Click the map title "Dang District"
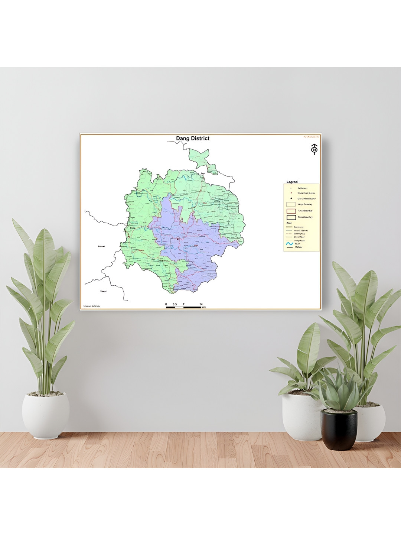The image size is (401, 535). [x=193, y=139]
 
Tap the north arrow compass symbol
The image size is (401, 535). [x=314, y=149]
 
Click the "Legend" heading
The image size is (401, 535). [x=292, y=182]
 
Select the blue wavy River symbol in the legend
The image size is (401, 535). [x=290, y=244]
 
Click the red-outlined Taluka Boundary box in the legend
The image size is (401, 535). [x=291, y=211]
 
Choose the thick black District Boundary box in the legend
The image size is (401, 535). [x=291, y=217]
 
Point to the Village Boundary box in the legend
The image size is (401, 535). [x=291, y=204]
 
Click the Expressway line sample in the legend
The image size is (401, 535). [x=289, y=227]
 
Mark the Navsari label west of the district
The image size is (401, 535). [x=101, y=246]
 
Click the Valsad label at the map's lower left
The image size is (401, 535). [x=103, y=291]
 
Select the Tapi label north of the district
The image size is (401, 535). [x=203, y=174]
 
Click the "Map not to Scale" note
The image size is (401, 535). [x=92, y=306]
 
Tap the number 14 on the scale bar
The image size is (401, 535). [x=201, y=304]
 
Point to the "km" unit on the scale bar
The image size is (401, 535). [x=203, y=308]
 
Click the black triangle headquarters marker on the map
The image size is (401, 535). [x=178, y=239]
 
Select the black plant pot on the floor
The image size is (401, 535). [x=339, y=429]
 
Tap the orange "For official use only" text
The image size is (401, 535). [x=311, y=137]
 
